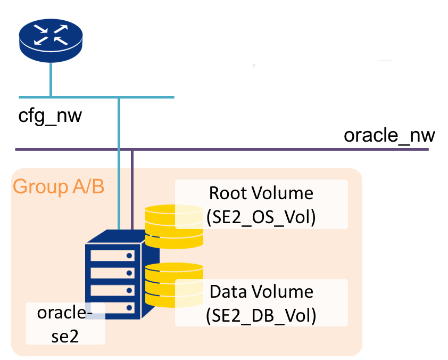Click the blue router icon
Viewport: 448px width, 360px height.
pyautogui.click(x=51, y=40)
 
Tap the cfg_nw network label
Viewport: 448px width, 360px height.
pyautogui.click(x=50, y=116)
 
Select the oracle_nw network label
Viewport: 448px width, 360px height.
pyautogui.click(x=389, y=135)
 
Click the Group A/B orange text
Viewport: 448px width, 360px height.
pyautogui.click(x=59, y=186)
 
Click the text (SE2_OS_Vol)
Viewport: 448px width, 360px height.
pyautogui.click(x=261, y=217)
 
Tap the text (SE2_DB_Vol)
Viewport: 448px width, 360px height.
pyautogui.click(x=261, y=316)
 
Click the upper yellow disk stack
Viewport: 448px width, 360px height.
pyautogui.click(x=175, y=226)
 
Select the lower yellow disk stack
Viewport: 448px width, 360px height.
pyautogui.click(x=175, y=285)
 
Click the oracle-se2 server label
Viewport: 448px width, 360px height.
pyautogui.click(x=65, y=324)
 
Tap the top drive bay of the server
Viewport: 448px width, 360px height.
pyautogui.click(x=113, y=255)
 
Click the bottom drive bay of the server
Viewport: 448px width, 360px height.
pyautogui.click(x=113, y=308)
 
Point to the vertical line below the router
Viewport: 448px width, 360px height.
pyautogui.click(x=51, y=79)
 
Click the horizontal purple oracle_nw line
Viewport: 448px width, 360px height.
pyautogui.click(x=222, y=149)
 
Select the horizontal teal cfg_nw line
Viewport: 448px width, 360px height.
pyautogui.click(x=97, y=97)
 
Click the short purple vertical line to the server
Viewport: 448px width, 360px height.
pyautogui.click(x=132, y=190)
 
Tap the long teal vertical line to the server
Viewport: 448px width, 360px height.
pyautogui.click(x=119, y=163)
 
